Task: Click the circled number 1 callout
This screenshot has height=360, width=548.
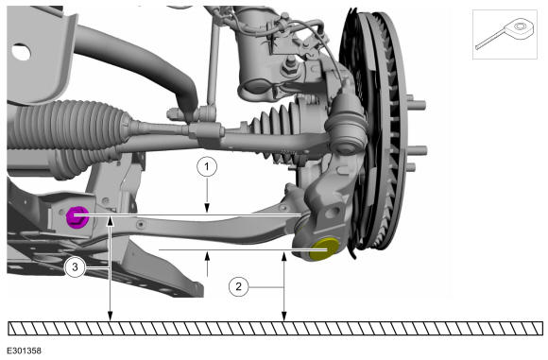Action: pyautogui.click(x=207, y=166)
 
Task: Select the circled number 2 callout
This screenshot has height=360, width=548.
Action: pyautogui.click(x=239, y=286)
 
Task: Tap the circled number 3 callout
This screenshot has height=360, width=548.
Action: pyautogui.click(x=75, y=267)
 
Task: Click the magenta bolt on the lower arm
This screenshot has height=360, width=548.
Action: pyautogui.click(x=77, y=216)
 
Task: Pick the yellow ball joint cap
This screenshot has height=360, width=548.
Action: pyautogui.click(x=324, y=249)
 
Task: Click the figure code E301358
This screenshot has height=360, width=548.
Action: pyautogui.click(x=25, y=351)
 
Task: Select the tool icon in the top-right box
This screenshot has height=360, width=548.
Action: pyautogui.click(x=504, y=34)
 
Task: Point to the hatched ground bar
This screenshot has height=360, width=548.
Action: pyautogui.click(x=275, y=328)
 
